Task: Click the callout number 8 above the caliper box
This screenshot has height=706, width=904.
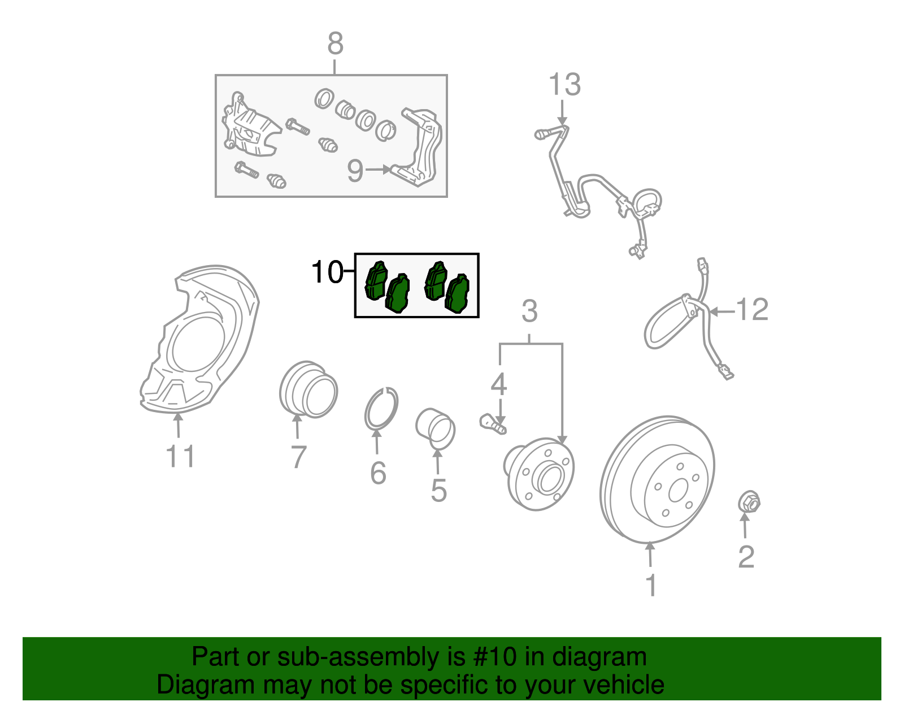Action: pyautogui.click(x=335, y=44)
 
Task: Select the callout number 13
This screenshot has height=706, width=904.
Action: pyautogui.click(x=564, y=84)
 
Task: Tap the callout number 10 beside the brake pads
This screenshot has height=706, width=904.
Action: pyautogui.click(x=327, y=272)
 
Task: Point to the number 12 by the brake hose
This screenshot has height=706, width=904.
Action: pyautogui.click(x=752, y=310)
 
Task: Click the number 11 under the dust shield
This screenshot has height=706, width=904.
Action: pyautogui.click(x=180, y=456)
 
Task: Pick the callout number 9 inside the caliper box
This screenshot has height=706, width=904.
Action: pyautogui.click(x=355, y=171)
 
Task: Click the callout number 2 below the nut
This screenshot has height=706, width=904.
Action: pyautogui.click(x=746, y=557)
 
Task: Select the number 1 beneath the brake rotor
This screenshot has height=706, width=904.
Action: pyautogui.click(x=651, y=586)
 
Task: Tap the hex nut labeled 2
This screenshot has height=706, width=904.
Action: pyautogui.click(x=749, y=502)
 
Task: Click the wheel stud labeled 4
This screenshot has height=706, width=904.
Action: pyautogui.click(x=493, y=424)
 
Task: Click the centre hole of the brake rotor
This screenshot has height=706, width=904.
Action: pyautogui.click(x=677, y=491)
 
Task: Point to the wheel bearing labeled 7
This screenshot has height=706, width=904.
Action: pyautogui.click(x=308, y=389)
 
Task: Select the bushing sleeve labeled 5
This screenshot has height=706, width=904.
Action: pyautogui.click(x=435, y=430)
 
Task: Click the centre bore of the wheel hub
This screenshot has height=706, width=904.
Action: pyautogui.click(x=551, y=478)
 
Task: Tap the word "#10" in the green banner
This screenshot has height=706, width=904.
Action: pyautogui.click(x=494, y=657)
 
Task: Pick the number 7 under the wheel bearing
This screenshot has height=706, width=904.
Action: pyautogui.click(x=299, y=457)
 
